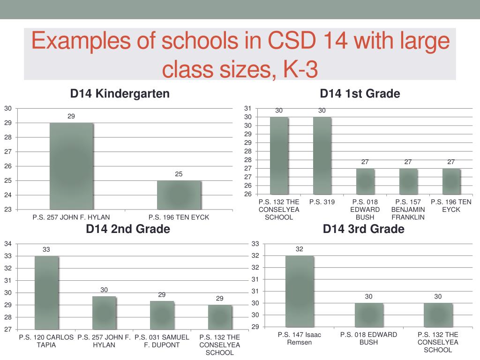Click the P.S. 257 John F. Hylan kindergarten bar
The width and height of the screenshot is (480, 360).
tap(71, 166)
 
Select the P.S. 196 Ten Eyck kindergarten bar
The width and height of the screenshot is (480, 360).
tap(179, 195)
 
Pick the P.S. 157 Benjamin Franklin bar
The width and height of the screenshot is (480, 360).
tap(408, 181)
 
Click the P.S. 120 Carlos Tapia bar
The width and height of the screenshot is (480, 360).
tap(46, 292)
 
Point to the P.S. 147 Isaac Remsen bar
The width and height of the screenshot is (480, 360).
tap(300, 291)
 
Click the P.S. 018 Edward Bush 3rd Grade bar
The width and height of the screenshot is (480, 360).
tap(369, 315)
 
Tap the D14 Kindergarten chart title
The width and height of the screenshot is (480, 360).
tap(120, 94)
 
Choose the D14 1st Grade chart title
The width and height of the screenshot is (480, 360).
tap(360, 94)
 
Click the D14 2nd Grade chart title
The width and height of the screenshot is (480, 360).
tap(128, 229)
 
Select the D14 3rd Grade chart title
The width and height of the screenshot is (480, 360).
tap(364, 229)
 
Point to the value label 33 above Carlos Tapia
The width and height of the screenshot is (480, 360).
tap(46, 250)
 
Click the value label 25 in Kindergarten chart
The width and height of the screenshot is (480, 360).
tap(179, 174)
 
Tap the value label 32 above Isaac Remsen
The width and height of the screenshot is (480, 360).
tap(300, 249)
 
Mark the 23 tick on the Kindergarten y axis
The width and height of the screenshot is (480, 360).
tap(8, 209)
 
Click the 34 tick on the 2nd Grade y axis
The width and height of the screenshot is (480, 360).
tap(8, 244)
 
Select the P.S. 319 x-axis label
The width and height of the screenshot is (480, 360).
tap(322, 202)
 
